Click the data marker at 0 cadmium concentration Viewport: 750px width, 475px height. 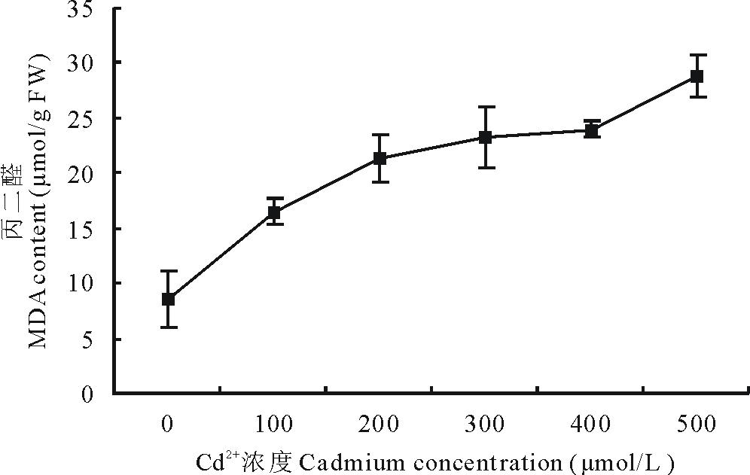pyautogui.click(x=168, y=299)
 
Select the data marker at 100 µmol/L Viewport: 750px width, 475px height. pyautogui.click(x=274, y=212)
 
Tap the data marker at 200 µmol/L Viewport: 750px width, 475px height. pyautogui.click(x=380, y=158)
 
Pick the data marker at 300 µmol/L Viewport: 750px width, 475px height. pyautogui.click(x=486, y=137)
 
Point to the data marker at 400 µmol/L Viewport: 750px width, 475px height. pyautogui.click(x=592, y=130)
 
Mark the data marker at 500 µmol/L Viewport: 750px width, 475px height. pyautogui.click(x=697, y=76)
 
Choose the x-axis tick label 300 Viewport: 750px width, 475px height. pyautogui.click(x=486, y=425)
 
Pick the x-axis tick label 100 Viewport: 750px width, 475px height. pyautogui.click(x=274, y=425)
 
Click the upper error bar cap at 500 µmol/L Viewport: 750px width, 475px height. pyautogui.click(x=697, y=55)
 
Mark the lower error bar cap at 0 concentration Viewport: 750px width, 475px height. pyautogui.click(x=168, y=327)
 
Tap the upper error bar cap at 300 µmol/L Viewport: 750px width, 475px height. pyautogui.click(x=486, y=107)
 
